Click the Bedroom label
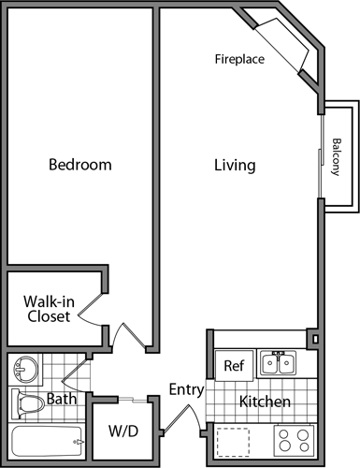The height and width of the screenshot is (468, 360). tap(79, 165)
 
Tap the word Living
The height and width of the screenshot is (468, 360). tap(235, 166)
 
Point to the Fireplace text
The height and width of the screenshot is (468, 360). tap(239, 59)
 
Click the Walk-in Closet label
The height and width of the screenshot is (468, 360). tap(47, 309)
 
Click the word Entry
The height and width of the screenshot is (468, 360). tap(186, 389)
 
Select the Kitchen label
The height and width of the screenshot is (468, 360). tap(265, 402)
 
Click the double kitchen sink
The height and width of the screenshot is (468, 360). tap(279, 363)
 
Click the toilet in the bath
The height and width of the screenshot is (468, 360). tap(30, 404)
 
